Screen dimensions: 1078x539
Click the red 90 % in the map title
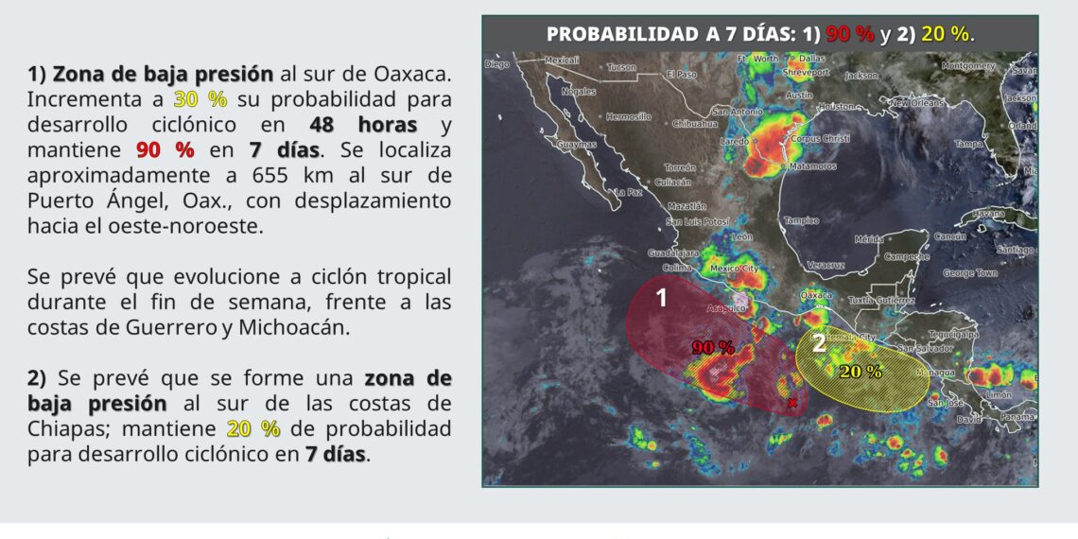coord(850,34)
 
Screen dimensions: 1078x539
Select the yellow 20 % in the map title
coord(945,34)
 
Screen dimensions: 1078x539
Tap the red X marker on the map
coord(792,404)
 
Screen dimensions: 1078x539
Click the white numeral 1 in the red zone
coord(662,298)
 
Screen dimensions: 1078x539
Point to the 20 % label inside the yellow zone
coord(861,372)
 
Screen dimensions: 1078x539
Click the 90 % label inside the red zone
coord(713,347)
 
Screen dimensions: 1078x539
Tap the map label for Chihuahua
coord(695,124)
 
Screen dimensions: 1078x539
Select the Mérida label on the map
coord(868,239)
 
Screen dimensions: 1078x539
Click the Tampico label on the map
coord(800,220)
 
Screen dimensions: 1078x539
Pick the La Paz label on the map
coord(629,192)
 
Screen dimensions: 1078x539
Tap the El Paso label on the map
coord(681,74)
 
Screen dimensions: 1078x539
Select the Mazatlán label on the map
coord(687,205)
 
